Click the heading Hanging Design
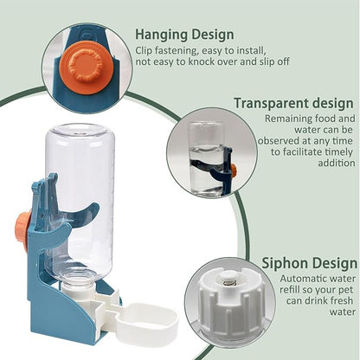pyautogui.click(x=183, y=35)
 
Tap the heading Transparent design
pyautogui.click(x=294, y=102)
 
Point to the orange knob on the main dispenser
pyautogui.click(x=22, y=226)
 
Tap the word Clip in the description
pyautogui.click(x=147, y=50)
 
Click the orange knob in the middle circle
pyautogui.click(x=231, y=169)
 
